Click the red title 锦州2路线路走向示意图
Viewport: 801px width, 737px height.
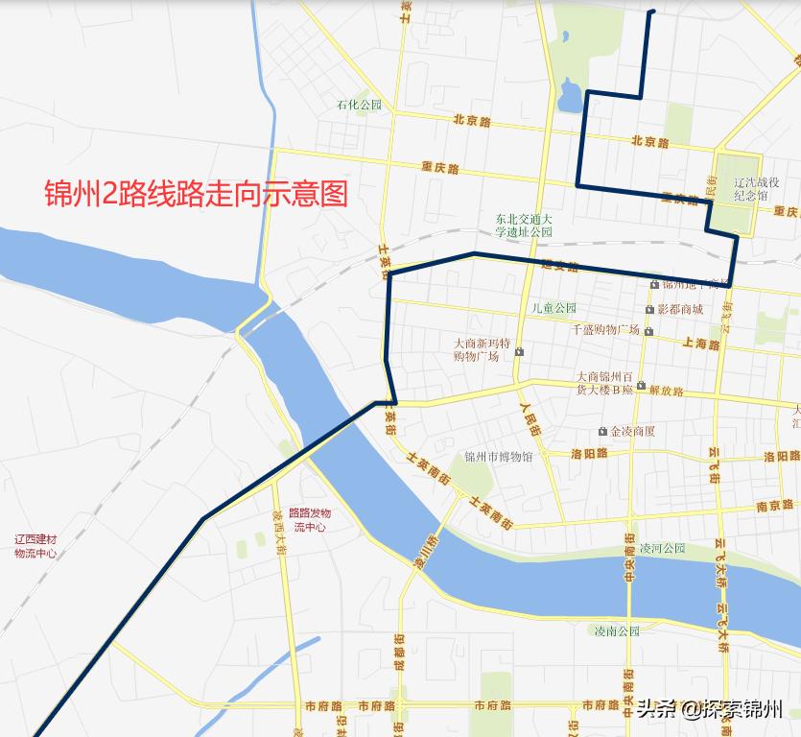196,194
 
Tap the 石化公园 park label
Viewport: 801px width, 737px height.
359,105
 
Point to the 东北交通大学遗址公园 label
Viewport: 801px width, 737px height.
524,226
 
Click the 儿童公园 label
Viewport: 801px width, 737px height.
554,308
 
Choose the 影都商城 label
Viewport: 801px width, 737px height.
680,309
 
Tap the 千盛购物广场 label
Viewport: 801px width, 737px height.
605,329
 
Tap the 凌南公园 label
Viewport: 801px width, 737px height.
616,630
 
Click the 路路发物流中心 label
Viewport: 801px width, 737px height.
309,520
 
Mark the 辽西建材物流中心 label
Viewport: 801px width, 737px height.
35,546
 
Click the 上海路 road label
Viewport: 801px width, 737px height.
701,343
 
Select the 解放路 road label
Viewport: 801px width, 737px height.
666,391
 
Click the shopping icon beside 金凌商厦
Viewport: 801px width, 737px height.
602,432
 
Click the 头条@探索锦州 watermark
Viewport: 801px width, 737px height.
710,710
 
